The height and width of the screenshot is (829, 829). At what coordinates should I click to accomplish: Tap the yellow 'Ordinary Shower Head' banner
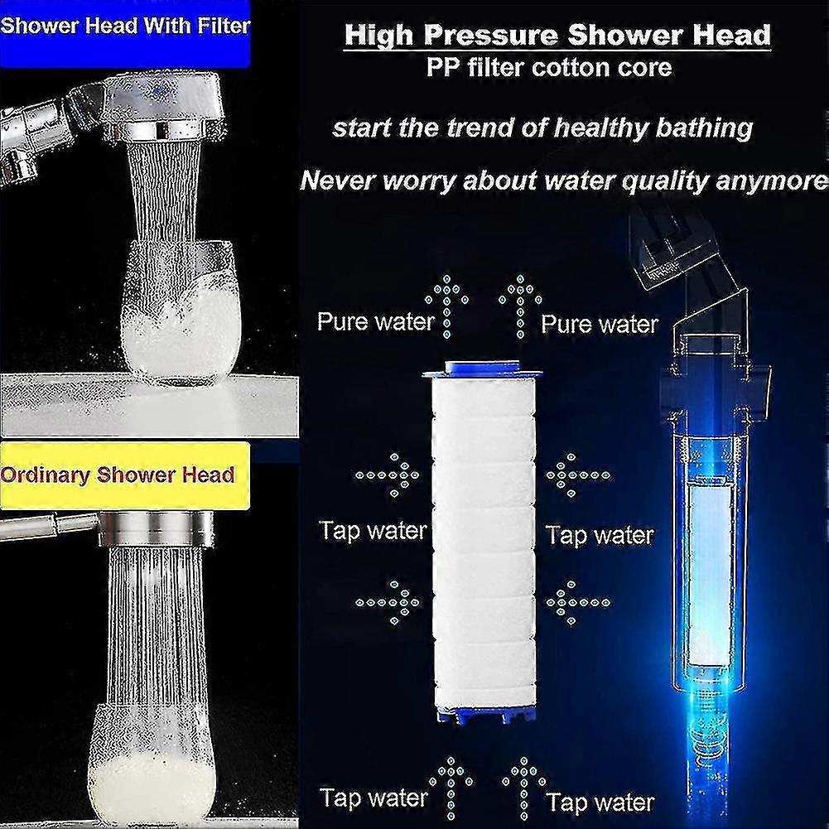118,475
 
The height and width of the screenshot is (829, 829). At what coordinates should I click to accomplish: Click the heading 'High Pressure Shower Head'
557,36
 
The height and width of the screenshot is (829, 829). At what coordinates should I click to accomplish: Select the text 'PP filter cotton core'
549,67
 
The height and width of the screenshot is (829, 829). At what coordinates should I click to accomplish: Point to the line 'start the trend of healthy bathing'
542,128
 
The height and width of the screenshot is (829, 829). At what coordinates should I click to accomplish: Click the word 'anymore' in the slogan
778,180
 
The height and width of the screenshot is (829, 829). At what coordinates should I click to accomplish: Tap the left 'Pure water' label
375,321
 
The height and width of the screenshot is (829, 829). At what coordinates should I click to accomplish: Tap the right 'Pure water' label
600,324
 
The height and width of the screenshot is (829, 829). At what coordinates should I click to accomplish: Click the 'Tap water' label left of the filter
373,531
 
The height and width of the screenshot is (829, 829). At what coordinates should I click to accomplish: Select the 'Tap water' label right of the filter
600,536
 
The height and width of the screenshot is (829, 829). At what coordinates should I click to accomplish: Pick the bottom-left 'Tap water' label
374,798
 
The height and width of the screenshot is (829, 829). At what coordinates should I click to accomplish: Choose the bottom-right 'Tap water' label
600,802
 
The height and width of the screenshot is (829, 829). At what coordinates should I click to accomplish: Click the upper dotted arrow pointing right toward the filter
388,475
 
